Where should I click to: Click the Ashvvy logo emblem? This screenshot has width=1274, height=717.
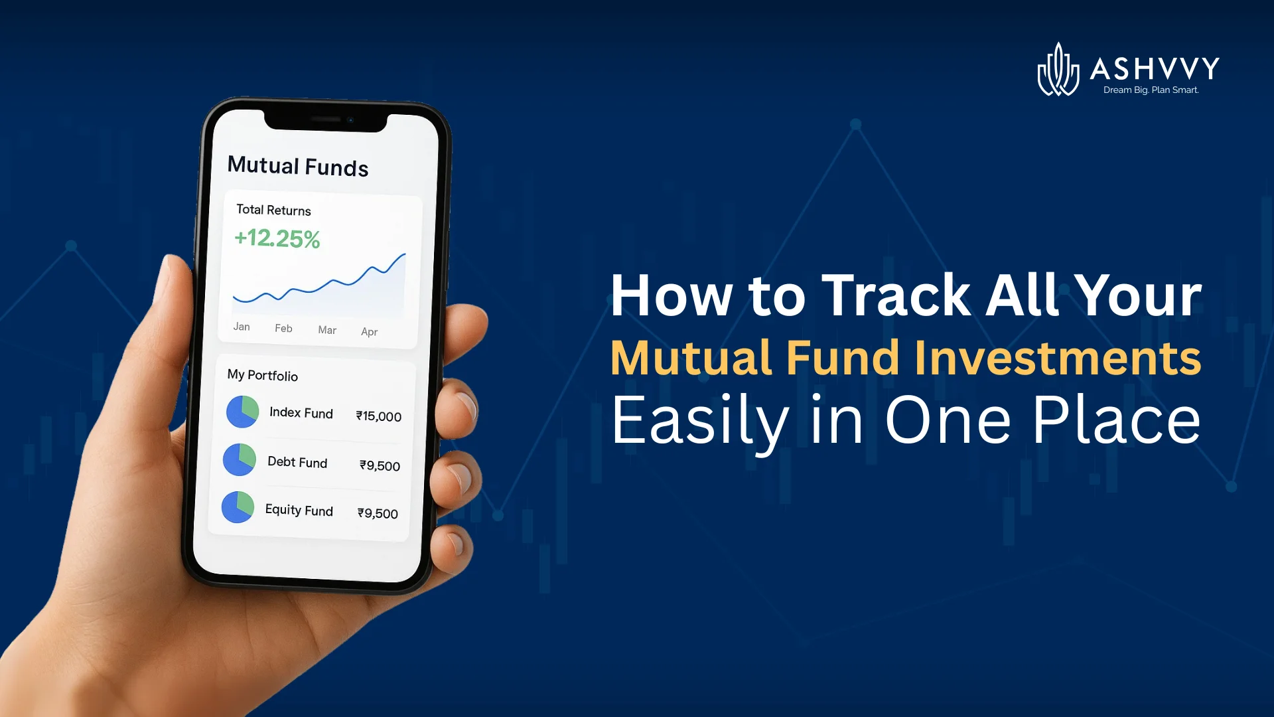click(x=1058, y=70)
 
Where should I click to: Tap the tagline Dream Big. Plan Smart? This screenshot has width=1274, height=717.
click(x=1151, y=90)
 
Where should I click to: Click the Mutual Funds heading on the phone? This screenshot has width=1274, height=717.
click(x=297, y=166)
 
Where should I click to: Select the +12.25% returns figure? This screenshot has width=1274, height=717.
click(x=277, y=238)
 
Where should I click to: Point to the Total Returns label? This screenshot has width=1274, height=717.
click(x=273, y=210)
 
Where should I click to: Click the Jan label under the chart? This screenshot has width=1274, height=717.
click(x=242, y=327)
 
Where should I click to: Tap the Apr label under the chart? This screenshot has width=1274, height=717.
click(x=369, y=331)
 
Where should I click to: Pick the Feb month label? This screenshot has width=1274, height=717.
click(x=283, y=328)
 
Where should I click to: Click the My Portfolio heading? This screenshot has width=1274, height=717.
click(x=262, y=375)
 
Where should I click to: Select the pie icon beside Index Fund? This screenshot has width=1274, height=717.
click(x=242, y=412)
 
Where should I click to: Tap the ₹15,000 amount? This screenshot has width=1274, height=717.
click(x=378, y=416)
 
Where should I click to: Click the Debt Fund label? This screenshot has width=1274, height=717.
click(x=297, y=462)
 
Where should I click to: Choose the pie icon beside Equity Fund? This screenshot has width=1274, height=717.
click(x=238, y=507)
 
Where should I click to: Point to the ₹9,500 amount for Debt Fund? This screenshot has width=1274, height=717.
click(x=380, y=465)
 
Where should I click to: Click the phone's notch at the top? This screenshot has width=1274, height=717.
click(x=325, y=121)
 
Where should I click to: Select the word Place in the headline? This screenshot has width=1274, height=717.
click(x=1116, y=420)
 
